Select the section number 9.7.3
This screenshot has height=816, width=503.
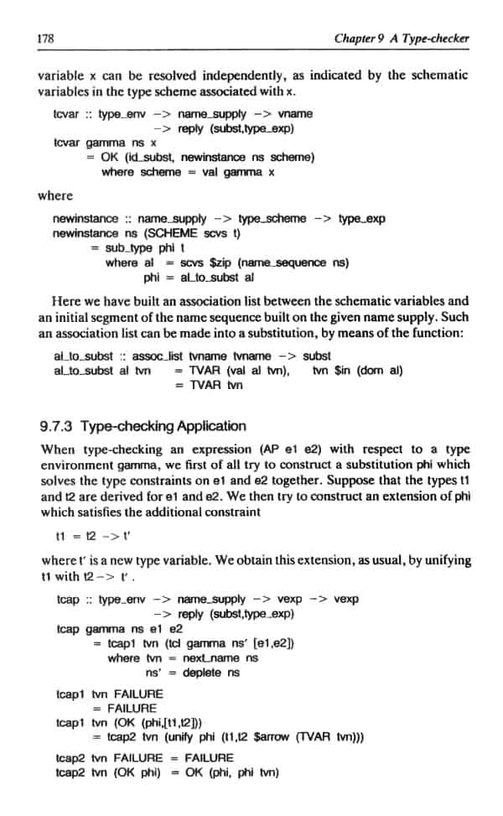click(x=60, y=426)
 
